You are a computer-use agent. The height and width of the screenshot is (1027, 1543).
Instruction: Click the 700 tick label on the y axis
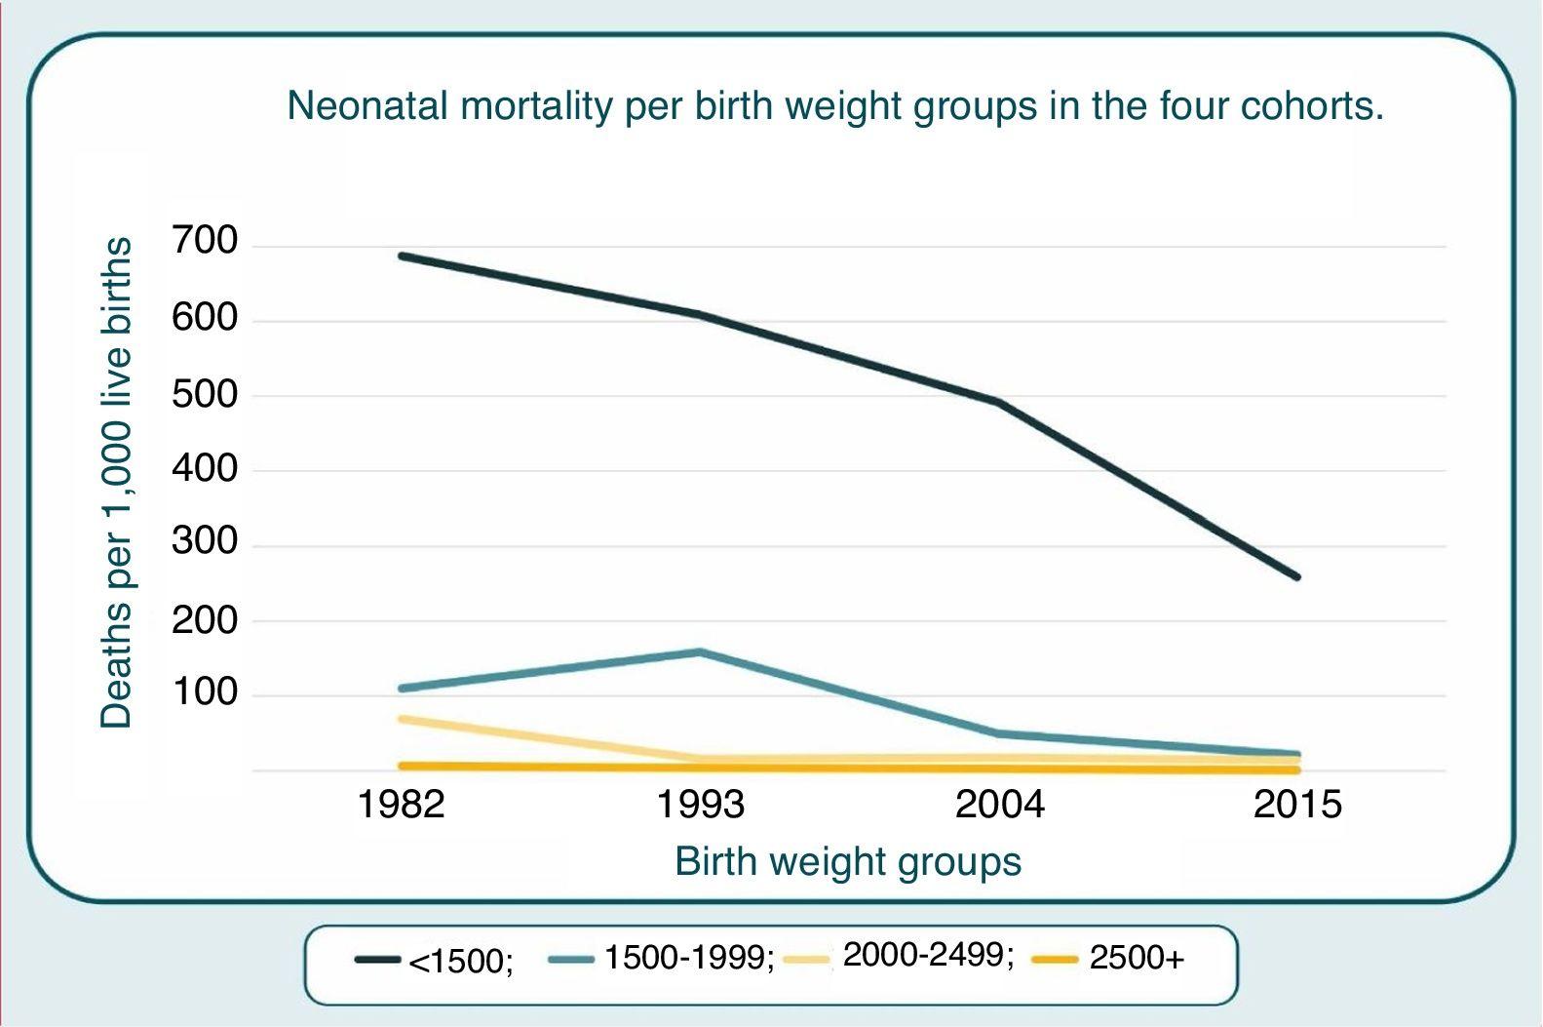click(205, 241)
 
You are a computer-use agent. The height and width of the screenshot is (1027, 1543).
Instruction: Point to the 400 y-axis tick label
click(205, 469)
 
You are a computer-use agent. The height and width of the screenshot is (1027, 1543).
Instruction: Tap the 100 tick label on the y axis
click(205, 693)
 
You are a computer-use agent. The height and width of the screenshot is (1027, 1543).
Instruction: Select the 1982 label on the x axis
click(401, 805)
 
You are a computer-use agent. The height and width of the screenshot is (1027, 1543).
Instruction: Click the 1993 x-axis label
click(700, 805)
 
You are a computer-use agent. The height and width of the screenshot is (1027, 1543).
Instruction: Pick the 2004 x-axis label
click(999, 805)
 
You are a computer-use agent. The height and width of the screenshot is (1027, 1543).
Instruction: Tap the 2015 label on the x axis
click(1297, 805)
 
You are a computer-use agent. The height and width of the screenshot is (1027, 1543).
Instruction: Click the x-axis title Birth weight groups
click(848, 862)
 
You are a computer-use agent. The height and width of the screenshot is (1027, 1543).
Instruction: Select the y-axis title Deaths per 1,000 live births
click(116, 483)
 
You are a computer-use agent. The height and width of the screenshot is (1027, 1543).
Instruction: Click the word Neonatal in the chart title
click(367, 105)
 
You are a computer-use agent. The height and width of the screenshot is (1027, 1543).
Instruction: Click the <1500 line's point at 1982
click(402, 257)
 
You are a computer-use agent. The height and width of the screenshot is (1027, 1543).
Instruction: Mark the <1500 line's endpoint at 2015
click(1297, 577)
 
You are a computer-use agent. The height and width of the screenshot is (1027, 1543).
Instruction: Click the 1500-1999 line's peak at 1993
click(701, 652)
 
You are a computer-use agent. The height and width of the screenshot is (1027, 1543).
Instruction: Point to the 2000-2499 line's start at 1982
click(402, 719)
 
